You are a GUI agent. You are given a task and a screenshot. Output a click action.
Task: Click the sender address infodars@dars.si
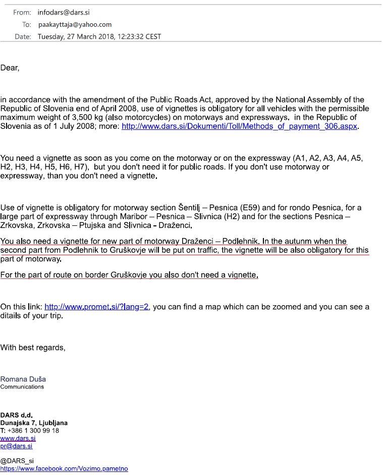pyautogui.click(x=64, y=12)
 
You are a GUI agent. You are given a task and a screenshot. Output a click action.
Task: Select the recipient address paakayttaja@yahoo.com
pyautogui.click(x=75, y=24)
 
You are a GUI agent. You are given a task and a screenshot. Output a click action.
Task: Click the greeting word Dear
pyautogui.click(x=9, y=68)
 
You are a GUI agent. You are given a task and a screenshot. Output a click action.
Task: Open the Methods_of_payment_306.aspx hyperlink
pyautogui.click(x=240, y=127)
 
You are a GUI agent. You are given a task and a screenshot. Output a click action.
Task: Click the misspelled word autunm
pyautogui.click(x=307, y=241)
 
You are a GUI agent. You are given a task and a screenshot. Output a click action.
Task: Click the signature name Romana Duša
pyautogui.click(x=23, y=379)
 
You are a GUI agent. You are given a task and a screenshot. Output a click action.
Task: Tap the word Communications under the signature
pyautogui.click(x=22, y=387)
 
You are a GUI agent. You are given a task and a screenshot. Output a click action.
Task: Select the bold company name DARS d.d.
pyautogui.click(x=16, y=415)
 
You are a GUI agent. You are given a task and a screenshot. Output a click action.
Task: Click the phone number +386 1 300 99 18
pyautogui.click(x=33, y=431)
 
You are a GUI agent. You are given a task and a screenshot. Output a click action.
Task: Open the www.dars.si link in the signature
pyautogui.click(x=18, y=438)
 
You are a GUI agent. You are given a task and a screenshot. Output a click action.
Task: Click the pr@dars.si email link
pyautogui.click(x=16, y=446)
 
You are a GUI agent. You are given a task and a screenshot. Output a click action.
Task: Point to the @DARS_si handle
pyautogui.click(x=17, y=461)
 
